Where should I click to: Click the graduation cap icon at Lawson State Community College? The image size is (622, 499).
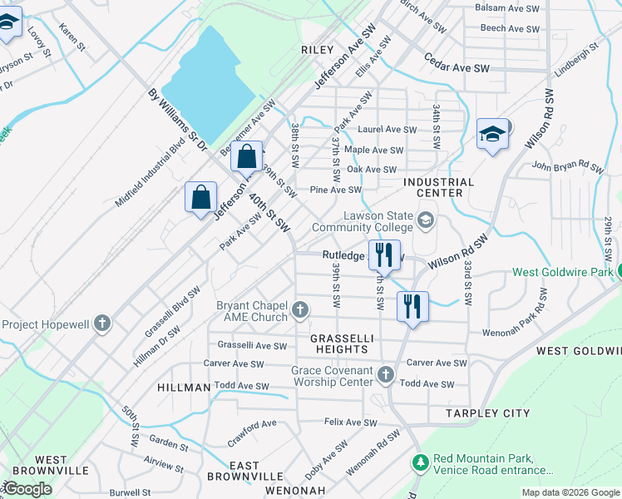[427, 220]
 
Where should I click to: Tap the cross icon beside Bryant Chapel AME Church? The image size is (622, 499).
[300, 312]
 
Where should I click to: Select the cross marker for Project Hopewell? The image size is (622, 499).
[102, 323]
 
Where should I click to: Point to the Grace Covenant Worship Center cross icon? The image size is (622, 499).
[385, 375]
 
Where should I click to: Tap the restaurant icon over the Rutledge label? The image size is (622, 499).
[383, 254]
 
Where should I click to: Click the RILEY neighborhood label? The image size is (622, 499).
[318, 50]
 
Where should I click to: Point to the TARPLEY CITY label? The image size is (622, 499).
[488, 413]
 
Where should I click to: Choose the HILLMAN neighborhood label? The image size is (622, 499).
[183, 388]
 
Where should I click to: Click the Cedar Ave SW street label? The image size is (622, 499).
[457, 62]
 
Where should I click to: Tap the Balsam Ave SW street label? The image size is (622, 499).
[506, 7]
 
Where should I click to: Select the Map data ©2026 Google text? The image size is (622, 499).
[570, 492]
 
